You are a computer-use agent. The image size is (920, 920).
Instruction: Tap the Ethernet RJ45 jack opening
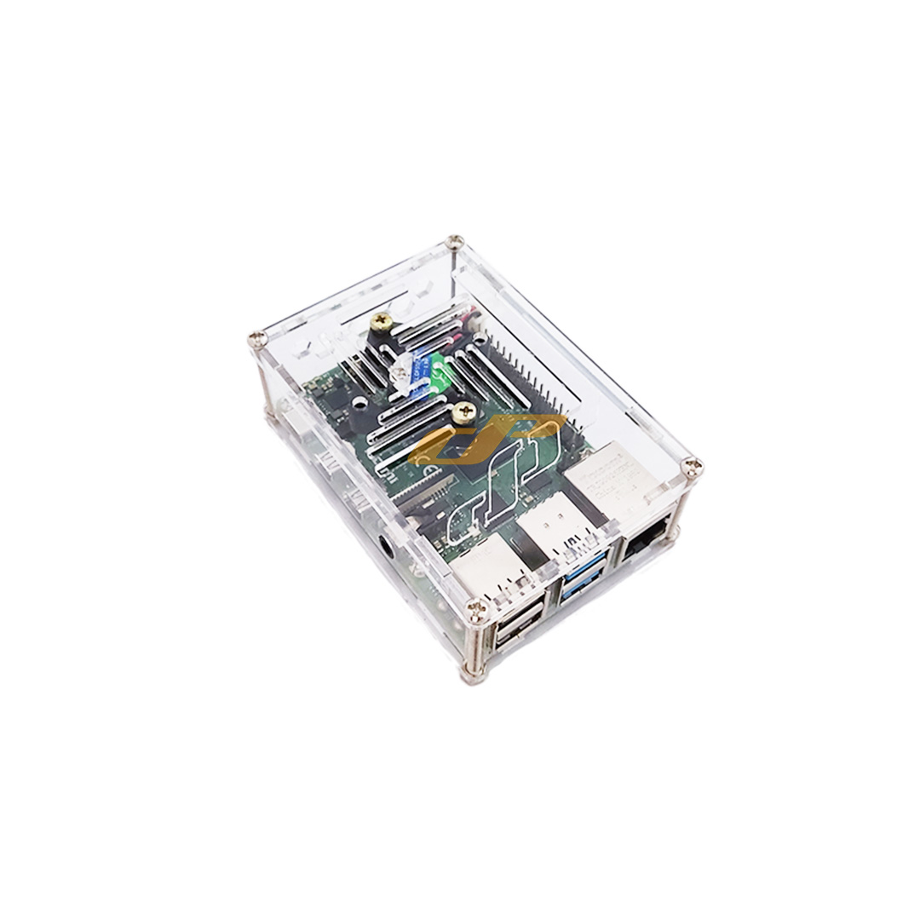[x=645, y=543]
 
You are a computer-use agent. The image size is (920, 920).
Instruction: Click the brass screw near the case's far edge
[x=382, y=321]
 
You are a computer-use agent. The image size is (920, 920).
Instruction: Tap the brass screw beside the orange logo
[x=463, y=412]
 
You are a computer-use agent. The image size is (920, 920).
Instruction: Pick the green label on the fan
[x=442, y=371]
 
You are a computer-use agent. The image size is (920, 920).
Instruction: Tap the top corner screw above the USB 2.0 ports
[x=478, y=608]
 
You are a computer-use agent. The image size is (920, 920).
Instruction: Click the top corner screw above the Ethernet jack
[x=693, y=466]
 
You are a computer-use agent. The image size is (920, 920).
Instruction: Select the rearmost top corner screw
[x=456, y=241]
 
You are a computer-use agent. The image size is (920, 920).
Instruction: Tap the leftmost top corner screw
[x=257, y=339]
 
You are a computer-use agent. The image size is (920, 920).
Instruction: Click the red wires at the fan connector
[x=467, y=322]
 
